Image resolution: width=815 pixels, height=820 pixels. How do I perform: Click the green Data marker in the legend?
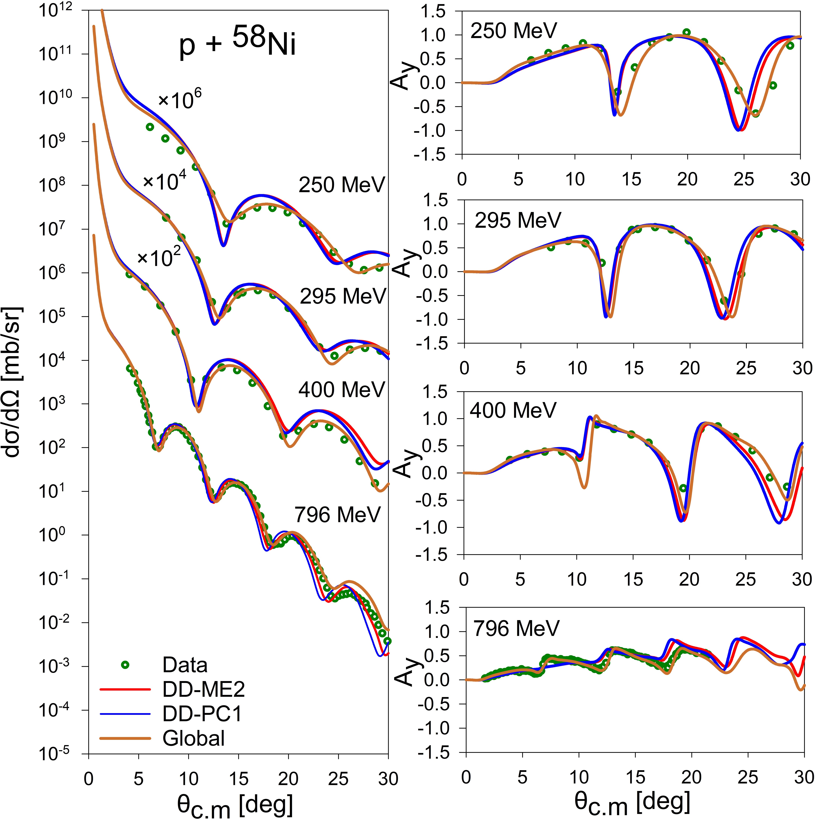[x=125, y=665]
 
